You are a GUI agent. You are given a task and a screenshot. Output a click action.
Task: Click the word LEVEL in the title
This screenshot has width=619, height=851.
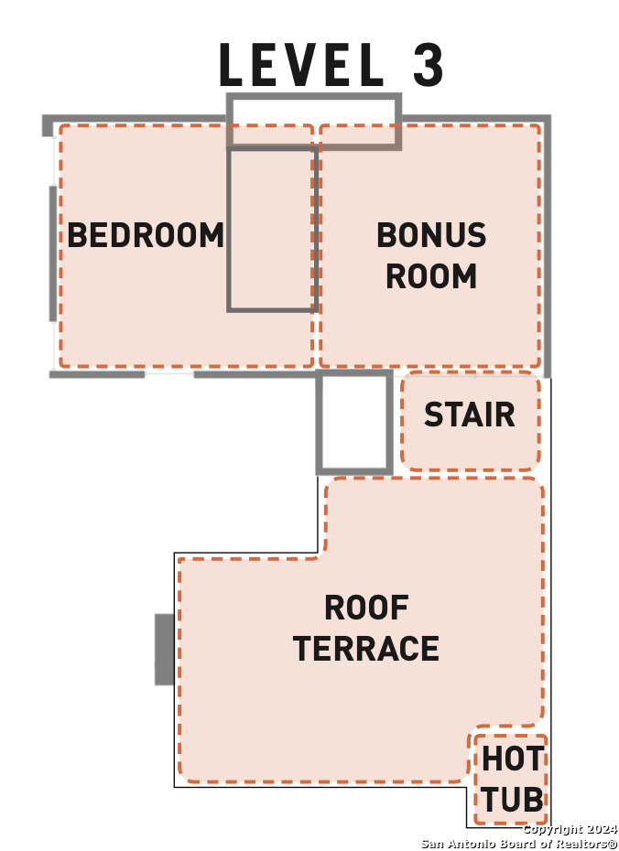coord(301,65)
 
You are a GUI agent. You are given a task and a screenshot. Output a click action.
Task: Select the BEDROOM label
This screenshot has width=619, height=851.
coord(146,235)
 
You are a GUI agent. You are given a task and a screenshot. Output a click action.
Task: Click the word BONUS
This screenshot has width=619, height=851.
coord(431,235)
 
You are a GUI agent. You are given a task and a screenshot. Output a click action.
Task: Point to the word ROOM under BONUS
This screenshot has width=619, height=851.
coord(431,275)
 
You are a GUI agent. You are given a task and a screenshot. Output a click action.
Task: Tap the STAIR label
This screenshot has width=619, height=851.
coord(469,415)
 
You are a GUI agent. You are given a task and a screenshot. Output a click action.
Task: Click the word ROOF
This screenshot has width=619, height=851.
coord(366,608)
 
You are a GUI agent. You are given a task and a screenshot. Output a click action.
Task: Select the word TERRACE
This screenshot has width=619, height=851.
coord(366,649)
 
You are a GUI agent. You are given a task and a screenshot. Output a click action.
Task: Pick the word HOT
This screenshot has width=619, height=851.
coord(512,759)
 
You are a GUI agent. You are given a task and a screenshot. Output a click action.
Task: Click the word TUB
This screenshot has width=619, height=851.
coord(512,800)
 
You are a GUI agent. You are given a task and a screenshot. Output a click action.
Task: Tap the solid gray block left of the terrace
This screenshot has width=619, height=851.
coord(164,649)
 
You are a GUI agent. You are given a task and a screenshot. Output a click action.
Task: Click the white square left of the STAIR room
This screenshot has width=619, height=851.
coord(354,423)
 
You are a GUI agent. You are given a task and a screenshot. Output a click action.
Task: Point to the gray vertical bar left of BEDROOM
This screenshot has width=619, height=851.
coord(52,253)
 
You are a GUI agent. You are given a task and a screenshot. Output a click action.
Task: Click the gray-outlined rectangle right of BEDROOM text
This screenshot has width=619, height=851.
coord(272,229)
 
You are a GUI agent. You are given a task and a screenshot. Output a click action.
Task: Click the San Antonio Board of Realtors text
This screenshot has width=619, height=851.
coord(518,843)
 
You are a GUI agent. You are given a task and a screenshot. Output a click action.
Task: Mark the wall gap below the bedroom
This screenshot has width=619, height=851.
coord(169,373)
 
